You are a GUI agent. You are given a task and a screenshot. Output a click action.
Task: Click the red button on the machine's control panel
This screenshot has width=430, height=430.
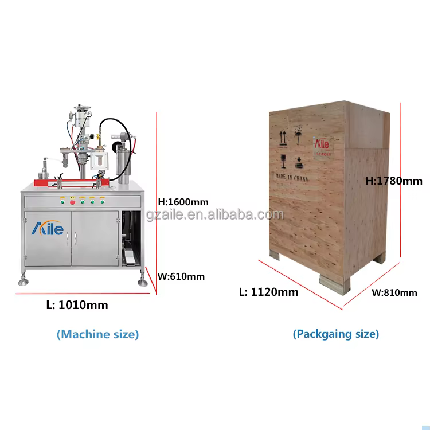73,201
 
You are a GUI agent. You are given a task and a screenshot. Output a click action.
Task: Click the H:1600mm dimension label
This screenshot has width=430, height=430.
183,201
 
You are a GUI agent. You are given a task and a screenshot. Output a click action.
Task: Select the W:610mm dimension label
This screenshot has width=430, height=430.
181,276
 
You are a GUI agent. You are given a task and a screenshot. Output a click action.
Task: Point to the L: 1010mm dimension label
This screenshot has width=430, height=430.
77,305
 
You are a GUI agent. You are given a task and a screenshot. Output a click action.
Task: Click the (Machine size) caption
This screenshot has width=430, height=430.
97,334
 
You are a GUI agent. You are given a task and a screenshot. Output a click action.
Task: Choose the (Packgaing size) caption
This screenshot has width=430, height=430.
335,334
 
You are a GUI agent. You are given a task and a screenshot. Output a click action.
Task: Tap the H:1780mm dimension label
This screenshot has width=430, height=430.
394,181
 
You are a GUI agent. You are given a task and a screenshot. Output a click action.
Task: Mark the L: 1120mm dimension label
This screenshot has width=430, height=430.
268,292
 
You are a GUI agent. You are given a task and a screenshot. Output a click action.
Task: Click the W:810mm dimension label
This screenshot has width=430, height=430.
394,292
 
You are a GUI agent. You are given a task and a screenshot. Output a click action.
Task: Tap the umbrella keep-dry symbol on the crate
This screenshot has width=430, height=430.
299,135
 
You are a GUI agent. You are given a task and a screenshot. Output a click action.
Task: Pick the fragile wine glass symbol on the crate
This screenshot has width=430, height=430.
283,159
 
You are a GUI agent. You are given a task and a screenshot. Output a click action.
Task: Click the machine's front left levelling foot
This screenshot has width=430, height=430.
24,281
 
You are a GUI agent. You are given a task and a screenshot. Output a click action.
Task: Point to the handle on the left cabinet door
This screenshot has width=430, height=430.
67,237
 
